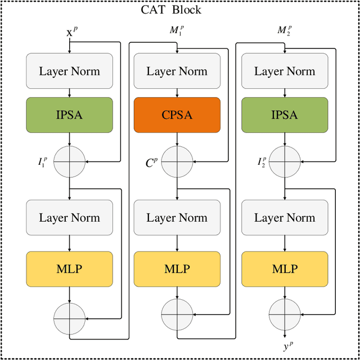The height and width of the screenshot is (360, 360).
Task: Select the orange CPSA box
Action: [x=177, y=115]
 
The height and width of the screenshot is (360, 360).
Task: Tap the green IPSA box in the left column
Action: [x=69, y=115]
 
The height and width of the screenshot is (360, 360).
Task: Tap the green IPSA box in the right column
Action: [x=285, y=115]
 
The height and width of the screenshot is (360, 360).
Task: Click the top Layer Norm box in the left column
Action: [x=69, y=71]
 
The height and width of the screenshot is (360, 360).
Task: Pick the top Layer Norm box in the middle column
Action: [x=177, y=71]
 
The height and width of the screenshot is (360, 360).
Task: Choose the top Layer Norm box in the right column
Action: [x=285, y=71]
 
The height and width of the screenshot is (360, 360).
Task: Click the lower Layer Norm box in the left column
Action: [x=69, y=218]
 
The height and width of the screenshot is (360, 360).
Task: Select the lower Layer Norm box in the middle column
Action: [x=177, y=218]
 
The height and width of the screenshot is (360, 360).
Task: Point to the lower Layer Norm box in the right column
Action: [x=285, y=218]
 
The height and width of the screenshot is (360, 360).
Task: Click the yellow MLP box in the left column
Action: [x=69, y=268]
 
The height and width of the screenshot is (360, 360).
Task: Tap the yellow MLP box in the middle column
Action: [x=177, y=268]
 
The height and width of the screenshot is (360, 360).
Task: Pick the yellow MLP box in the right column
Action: [x=285, y=268]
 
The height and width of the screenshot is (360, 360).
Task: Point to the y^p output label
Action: [x=288, y=347]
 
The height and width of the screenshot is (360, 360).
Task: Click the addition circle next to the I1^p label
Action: [x=69, y=161]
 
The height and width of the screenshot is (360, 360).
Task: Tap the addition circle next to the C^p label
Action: [x=177, y=161]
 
